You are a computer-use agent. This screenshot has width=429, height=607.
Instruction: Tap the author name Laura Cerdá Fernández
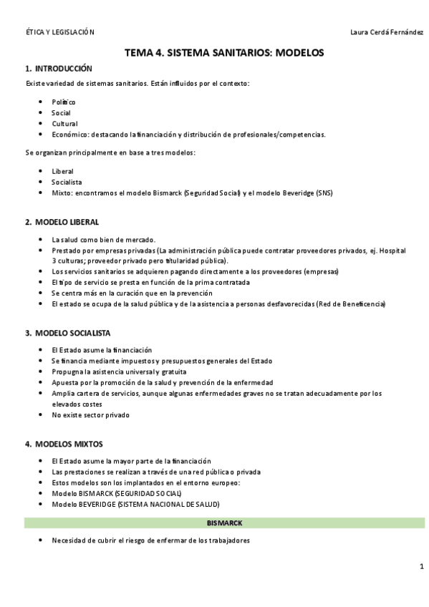click(x=377, y=32)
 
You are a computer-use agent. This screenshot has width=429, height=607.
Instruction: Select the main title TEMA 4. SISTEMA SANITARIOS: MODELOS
click(x=224, y=52)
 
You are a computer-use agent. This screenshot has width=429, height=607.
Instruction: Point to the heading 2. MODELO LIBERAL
click(x=62, y=222)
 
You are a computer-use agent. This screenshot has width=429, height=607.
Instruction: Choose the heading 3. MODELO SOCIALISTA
click(x=67, y=333)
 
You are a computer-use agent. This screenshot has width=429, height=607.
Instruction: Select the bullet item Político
click(x=64, y=102)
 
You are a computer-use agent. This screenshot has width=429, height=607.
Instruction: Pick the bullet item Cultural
click(x=64, y=124)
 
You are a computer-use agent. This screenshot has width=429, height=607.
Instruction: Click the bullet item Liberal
click(x=62, y=171)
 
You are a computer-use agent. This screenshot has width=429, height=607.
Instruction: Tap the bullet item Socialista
click(x=67, y=182)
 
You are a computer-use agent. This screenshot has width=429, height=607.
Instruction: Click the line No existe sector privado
click(x=91, y=414)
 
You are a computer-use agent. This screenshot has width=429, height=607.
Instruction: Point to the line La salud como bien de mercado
click(x=103, y=240)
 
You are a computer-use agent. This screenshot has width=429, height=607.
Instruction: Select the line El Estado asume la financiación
click(x=102, y=350)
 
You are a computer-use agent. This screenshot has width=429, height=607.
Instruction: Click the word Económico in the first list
click(x=70, y=135)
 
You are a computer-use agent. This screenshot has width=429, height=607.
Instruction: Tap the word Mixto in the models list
click(x=62, y=193)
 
